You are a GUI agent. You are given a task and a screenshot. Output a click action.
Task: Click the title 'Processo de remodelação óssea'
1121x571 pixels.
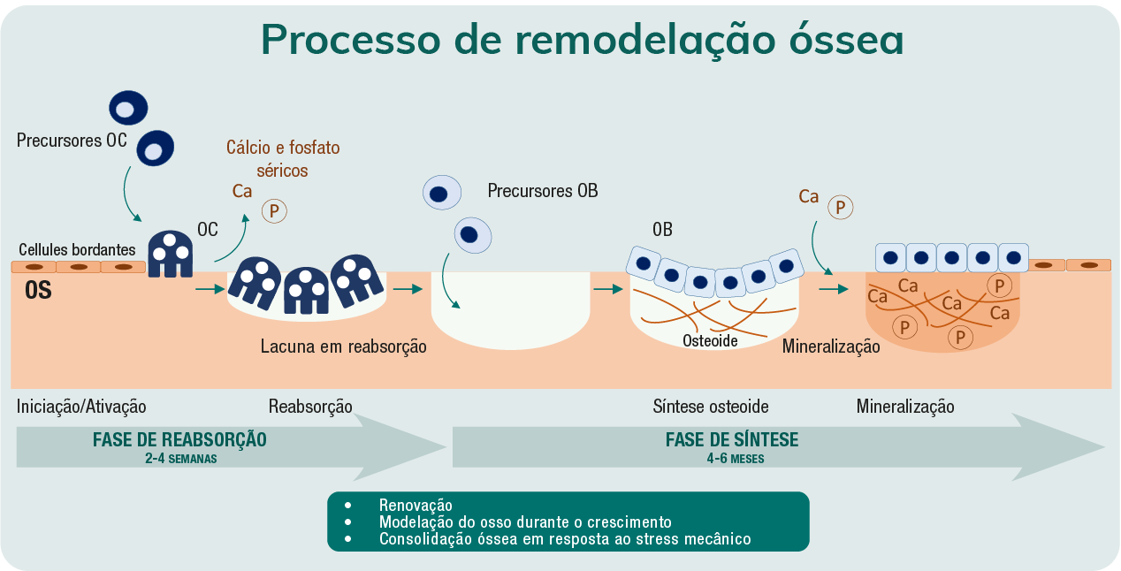click(x=582, y=40)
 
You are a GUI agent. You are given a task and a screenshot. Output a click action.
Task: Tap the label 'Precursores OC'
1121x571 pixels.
click(x=72, y=141)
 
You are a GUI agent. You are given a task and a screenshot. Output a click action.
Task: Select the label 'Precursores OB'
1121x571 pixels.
click(x=543, y=190)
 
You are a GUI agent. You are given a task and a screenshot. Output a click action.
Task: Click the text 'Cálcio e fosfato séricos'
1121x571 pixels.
click(x=283, y=158)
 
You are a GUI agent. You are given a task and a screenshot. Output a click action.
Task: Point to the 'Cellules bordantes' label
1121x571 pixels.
click(x=77, y=249)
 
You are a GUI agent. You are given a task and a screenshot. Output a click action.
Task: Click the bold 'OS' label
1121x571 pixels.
click(x=38, y=290)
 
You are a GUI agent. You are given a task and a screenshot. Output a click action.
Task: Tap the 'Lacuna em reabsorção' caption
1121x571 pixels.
click(x=343, y=346)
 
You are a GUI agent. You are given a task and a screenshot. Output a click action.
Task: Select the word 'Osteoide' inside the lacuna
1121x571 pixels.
click(x=710, y=340)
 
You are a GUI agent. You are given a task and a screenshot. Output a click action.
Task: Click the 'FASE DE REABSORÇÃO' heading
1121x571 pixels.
click(x=179, y=440)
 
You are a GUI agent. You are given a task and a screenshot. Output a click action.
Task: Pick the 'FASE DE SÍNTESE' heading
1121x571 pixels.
click(x=732, y=440)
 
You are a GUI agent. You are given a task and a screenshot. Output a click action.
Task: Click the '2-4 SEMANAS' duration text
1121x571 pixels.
click(x=180, y=459)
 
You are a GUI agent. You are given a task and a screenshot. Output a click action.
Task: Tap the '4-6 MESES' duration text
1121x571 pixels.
click(x=735, y=459)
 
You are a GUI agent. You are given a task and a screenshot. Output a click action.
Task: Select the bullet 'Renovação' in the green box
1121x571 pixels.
click(x=416, y=505)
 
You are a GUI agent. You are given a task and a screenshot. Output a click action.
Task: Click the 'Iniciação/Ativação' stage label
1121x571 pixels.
click(x=81, y=407)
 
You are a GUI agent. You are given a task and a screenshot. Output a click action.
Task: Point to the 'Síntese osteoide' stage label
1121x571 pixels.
click(x=711, y=407)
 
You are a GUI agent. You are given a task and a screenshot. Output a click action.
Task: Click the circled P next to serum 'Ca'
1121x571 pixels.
click(x=274, y=211)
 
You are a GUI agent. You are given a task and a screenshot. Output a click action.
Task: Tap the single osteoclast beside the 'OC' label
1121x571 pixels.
click(x=170, y=254)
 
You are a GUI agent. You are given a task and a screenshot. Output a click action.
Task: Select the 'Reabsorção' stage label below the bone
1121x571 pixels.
click(x=310, y=407)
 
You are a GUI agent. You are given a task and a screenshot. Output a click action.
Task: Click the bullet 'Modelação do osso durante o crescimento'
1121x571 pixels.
click(x=525, y=522)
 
